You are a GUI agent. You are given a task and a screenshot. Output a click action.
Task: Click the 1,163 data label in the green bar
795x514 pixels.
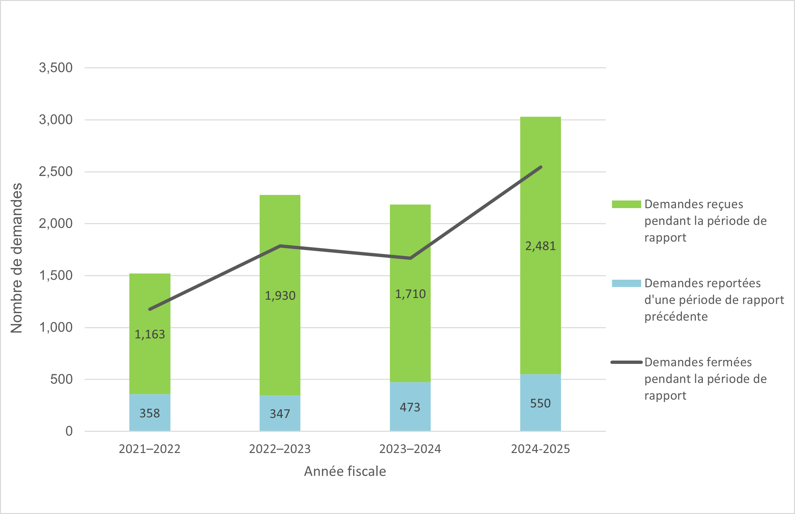point(150,334)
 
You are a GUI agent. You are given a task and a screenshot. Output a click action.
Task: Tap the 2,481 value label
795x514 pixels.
point(540,246)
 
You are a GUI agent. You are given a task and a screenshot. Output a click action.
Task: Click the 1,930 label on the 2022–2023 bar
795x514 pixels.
point(280,295)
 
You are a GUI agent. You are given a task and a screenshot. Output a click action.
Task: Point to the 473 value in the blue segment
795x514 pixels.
point(410,407)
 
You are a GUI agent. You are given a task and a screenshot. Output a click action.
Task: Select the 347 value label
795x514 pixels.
point(280,414)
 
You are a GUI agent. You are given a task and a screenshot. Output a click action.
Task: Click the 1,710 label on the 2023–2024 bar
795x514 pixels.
point(410,294)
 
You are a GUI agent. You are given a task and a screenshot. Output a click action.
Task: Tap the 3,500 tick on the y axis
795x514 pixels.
point(56,68)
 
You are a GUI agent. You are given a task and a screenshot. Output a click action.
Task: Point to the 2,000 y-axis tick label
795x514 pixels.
point(56,224)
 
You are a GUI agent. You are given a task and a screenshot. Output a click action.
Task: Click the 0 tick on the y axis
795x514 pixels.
point(69,431)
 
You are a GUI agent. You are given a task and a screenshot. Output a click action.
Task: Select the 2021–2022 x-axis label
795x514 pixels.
point(150,449)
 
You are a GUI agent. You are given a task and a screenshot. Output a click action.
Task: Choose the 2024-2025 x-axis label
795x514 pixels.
point(540,449)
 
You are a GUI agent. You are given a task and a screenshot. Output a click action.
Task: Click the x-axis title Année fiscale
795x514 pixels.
point(345,471)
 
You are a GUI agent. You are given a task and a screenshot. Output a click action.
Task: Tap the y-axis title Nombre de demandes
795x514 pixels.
point(16,258)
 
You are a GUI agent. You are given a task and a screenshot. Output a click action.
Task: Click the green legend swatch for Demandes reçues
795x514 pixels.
point(626,204)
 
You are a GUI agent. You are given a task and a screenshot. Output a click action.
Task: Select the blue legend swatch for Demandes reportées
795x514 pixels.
point(626,283)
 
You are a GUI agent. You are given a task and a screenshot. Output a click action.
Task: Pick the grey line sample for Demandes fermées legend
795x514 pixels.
point(626,362)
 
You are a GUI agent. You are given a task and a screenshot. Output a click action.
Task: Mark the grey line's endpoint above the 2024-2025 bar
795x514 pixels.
point(541,167)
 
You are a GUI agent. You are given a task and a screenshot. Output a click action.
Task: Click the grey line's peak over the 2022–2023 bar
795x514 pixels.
point(280,246)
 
